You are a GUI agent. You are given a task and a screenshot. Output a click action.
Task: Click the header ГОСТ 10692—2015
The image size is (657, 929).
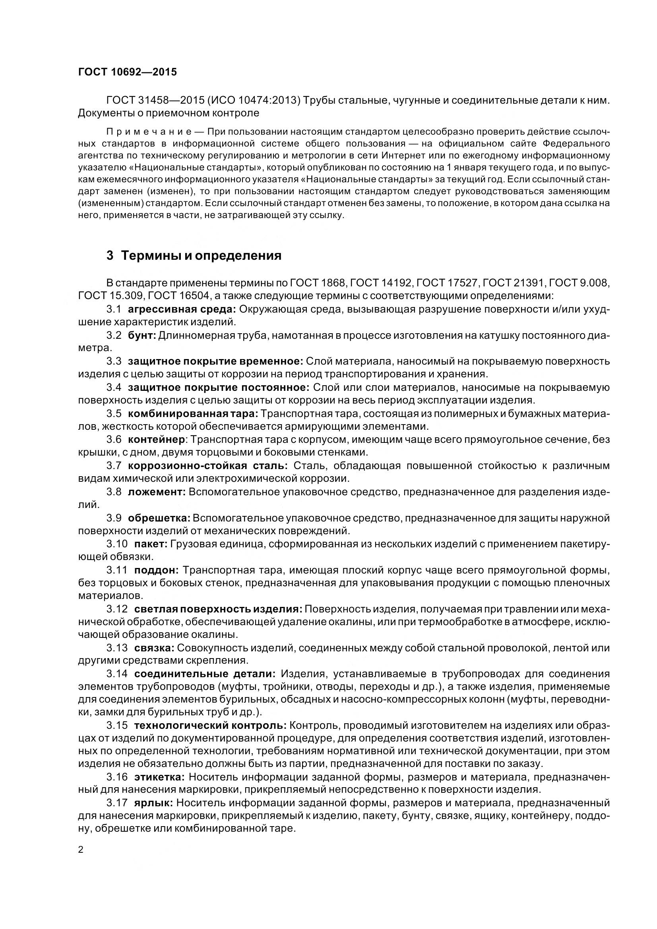[x=127, y=72]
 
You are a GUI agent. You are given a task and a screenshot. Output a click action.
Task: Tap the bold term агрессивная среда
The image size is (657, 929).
[x=181, y=309]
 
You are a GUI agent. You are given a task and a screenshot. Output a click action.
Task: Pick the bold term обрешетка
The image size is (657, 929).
[x=159, y=518]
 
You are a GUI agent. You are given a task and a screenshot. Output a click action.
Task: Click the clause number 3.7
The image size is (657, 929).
[x=114, y=466]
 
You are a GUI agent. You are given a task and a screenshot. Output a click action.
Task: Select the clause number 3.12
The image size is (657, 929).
[x=117, y=609]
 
